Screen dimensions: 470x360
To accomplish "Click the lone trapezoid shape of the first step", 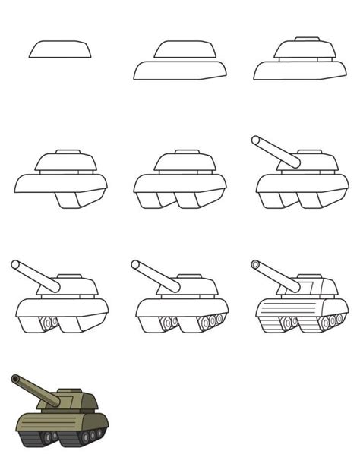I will click(60, 49).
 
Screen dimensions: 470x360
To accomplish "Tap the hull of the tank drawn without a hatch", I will click(180, 71).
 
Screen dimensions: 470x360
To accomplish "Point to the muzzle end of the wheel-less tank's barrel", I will click(256, 140).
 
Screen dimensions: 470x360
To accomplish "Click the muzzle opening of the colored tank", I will click(15, 378).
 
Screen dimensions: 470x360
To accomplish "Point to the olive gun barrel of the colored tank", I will click(35, 390).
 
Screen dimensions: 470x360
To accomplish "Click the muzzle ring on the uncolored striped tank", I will click(254, 265).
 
